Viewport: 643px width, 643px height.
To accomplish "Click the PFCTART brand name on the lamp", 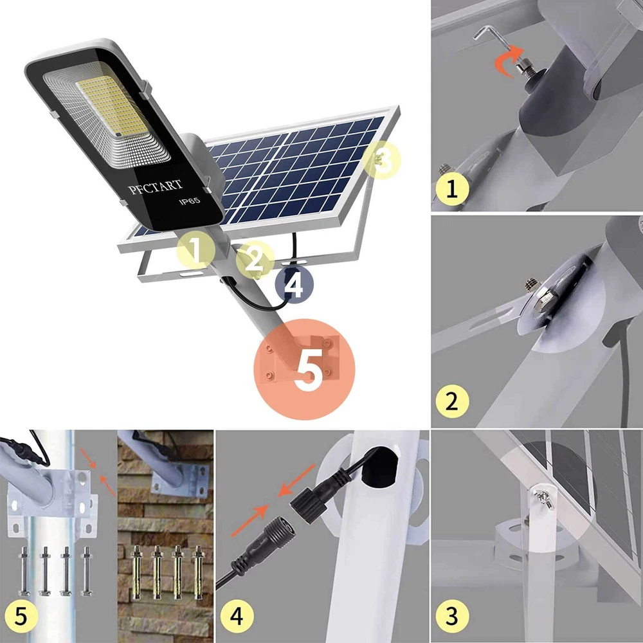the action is click(156, 186).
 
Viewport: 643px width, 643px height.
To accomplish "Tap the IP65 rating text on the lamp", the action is click(190, 201).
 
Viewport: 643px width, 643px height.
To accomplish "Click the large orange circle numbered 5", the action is click(304, 369).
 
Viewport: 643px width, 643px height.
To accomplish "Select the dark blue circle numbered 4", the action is click(294, 284).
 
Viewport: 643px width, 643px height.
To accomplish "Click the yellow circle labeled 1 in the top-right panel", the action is click(452, 189).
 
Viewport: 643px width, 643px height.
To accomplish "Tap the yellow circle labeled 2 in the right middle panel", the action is click(452, 401).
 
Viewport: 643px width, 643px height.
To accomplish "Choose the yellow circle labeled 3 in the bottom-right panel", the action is click(452, 616).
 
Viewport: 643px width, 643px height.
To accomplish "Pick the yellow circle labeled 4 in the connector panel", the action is click(237, 616).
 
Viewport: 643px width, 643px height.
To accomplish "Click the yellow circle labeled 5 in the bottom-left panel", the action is click(21, 616).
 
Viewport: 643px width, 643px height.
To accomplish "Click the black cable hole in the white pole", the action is click(380, 467).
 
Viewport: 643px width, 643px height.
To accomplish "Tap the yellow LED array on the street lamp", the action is click(112, 106).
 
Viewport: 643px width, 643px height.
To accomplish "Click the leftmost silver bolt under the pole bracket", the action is click(24, 571).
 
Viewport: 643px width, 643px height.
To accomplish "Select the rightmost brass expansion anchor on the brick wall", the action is click(198, 572).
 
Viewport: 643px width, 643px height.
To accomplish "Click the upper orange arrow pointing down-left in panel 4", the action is click(296, 480).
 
